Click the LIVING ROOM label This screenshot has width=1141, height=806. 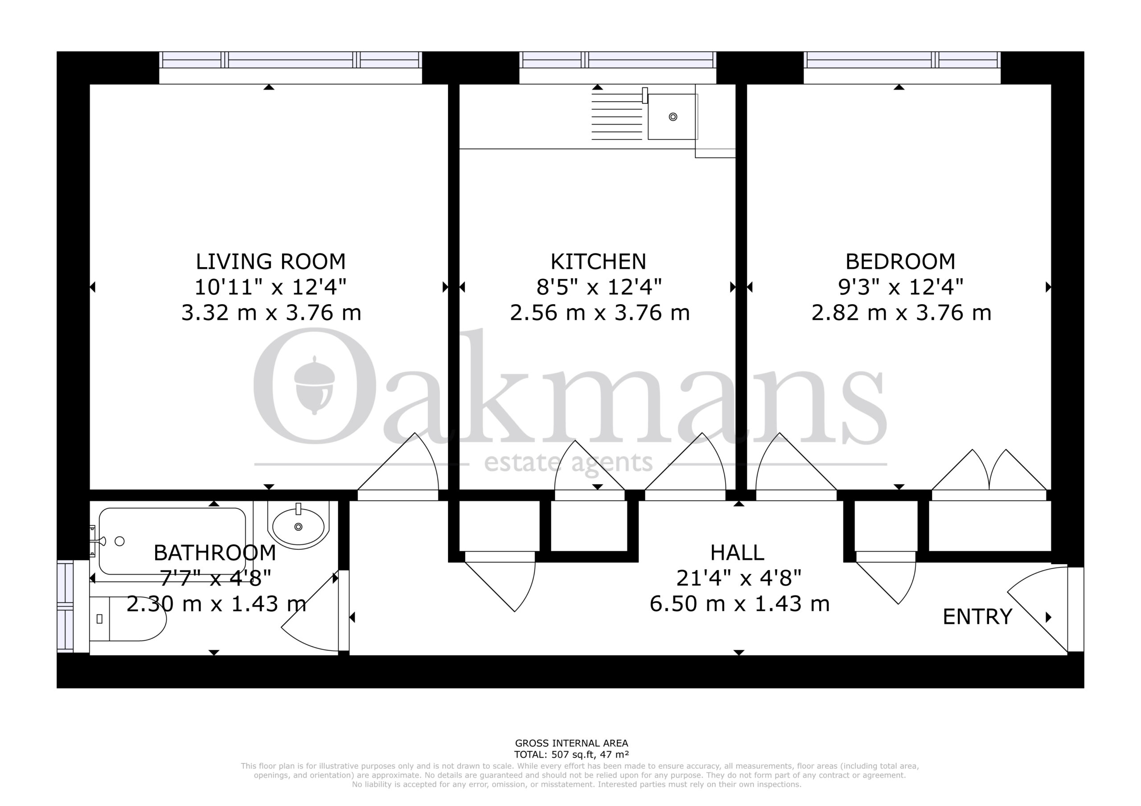(x=271, y=261)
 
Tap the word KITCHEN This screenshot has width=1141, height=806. (x=598, y=261)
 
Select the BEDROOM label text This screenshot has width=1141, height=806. (x=900, y=261)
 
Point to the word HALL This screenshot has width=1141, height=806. (x=737, y=552)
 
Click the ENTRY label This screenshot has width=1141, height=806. (x=977, y=616)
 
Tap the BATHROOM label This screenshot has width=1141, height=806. (x=215, y=552)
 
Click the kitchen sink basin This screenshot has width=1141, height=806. (x=673, y=117)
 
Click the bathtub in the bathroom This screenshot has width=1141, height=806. (x=172, y=541)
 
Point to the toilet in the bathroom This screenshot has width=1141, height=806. (x=127, y=619)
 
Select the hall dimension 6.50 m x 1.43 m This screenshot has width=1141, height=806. (x=739, y=604)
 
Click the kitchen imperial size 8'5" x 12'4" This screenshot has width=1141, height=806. (x=599, y=287)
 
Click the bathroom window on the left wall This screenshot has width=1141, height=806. (x=65, y=606)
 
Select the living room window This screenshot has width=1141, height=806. (x=291, y=60)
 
